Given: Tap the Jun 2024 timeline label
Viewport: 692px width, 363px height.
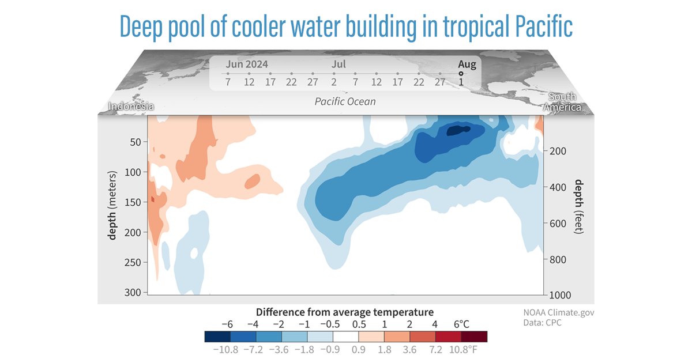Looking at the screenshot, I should (x=247, y=64).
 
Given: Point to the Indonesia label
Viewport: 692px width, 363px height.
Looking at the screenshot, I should (x=131, y=107).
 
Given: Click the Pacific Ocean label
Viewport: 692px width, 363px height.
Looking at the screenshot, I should (x=345, y=101).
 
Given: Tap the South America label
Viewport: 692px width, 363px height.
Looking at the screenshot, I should (x=565, y=102).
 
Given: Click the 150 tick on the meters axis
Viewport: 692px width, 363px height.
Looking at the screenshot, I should (x=134, y=202).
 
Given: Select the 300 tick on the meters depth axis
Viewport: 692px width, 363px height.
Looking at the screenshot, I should (x=134, y=292).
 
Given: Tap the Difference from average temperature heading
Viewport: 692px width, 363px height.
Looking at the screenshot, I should (x=345, y=312).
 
